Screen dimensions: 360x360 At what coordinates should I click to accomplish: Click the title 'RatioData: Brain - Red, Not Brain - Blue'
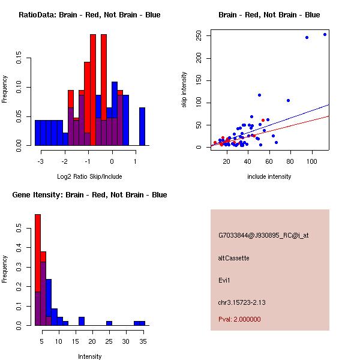[89, 14]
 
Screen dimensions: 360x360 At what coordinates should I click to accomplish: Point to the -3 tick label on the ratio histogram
[40, 161]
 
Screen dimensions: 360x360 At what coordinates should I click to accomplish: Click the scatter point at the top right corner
[325, 34]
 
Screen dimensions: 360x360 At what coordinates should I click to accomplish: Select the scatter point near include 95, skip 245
[307, 37]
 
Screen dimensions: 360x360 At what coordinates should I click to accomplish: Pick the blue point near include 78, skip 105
[288, 100]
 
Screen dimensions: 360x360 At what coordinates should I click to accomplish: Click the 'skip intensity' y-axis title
[184, 90]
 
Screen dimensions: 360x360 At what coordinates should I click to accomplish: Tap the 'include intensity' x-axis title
[269, 176]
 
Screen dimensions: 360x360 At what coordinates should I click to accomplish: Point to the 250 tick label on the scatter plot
[199, 35]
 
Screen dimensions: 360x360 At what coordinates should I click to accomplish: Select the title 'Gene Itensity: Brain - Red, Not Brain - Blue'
[89, 194]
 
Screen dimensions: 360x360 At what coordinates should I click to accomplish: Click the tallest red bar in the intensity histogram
[38, 269]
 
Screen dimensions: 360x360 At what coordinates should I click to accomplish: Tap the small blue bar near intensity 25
[109, 323]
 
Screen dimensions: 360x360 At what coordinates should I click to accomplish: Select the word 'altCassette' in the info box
[233, 258]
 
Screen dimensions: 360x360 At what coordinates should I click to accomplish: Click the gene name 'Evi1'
[224, 280]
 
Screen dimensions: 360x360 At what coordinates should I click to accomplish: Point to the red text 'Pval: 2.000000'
[239, 319]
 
